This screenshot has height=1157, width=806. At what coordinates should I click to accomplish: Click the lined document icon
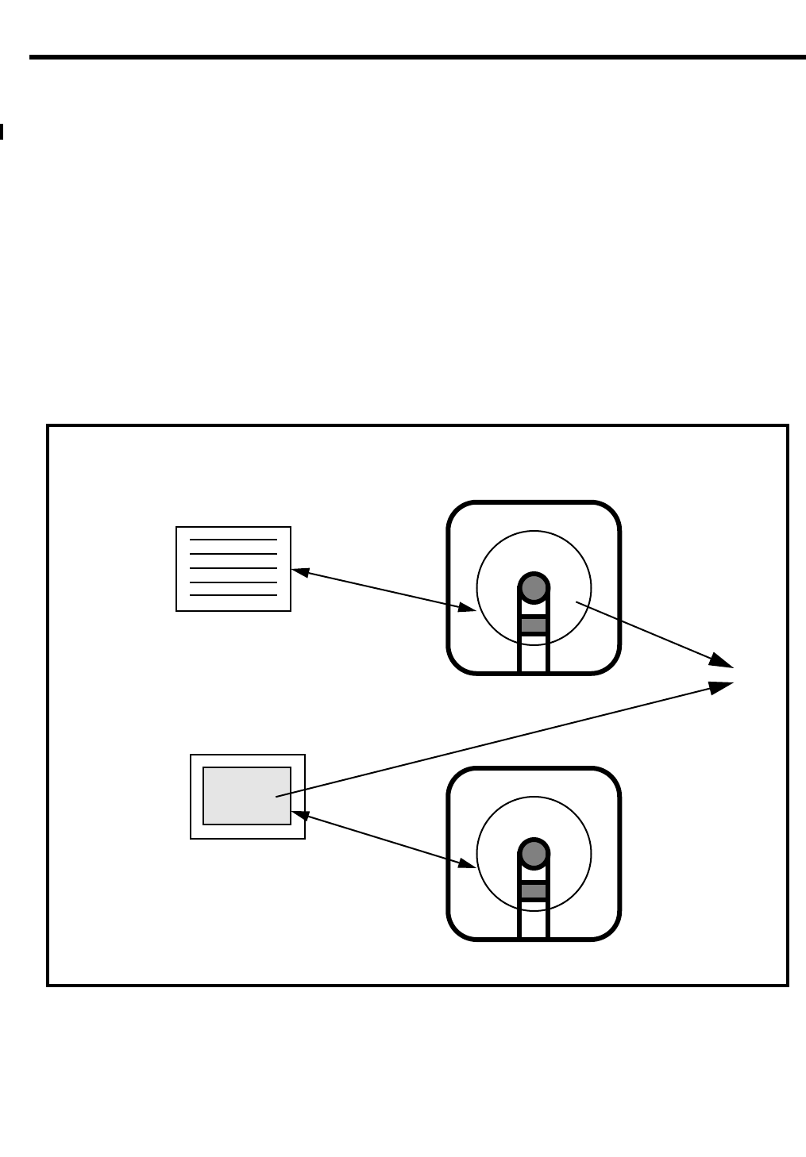(x=233, y=569)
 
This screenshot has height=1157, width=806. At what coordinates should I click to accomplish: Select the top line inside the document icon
(x=233, y=540)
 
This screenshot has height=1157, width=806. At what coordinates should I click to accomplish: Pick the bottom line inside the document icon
(x=233, y=595)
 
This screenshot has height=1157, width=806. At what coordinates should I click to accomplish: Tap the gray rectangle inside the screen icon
(x=246, y=796)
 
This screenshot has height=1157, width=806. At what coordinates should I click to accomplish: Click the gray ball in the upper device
(x=534, y=589)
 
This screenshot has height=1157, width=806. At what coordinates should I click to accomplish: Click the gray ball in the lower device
(x=534, y=855)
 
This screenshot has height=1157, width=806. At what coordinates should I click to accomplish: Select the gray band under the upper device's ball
(x=534, y=625)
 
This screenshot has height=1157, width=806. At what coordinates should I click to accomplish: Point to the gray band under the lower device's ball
(x=534, y=891)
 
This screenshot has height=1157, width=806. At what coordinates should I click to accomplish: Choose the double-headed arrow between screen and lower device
(x=384, y=840)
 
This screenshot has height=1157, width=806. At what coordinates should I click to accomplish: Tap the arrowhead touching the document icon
(x=300, y=571)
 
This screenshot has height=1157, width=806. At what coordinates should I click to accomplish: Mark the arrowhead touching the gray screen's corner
(x=300, y=815)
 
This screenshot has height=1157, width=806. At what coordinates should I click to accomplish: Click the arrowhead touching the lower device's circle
(x=467, y=864)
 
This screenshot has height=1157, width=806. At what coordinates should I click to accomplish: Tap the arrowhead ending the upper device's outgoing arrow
(x=722, y=661)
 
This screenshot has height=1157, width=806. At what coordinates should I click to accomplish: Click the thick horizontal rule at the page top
(x=417, y=57)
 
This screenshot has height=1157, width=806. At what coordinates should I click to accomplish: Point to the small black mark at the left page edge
(x=2, y=132)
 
